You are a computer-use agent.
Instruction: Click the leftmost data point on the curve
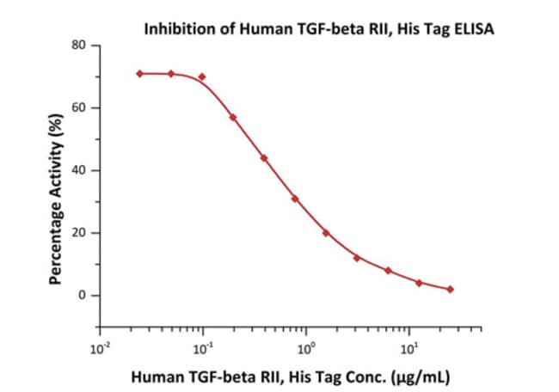tap(139, 74)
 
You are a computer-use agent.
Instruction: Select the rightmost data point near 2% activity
tap(450, 290)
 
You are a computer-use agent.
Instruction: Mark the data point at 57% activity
tap(233, 117)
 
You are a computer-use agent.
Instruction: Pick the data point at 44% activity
tap(264, 158)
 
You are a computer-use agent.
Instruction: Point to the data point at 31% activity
tap(295, 199)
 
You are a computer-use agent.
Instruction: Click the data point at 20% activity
tap(326, 233)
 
